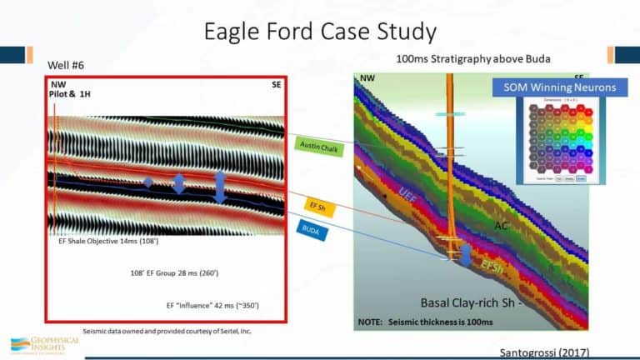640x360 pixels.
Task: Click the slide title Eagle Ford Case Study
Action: (320, 32)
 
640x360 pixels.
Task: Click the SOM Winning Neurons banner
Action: (551, 87)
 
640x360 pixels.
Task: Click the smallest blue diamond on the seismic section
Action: (147, 182)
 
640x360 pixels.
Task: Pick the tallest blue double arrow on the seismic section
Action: (220, 187)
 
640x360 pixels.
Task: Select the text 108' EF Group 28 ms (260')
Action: (174, 273)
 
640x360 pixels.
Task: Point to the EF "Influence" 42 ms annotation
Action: (212, 306)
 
